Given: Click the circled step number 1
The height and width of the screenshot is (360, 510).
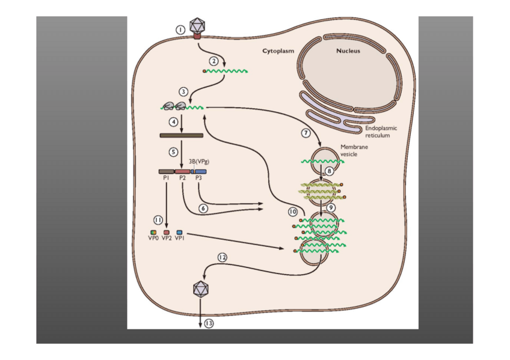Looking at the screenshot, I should pyautogui.click(x=179, y=29).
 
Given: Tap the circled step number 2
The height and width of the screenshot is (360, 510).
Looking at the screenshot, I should pyautogui.click(x=213, y=61).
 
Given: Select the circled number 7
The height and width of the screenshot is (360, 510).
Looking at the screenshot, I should pyautogui.click(x=305, y=132).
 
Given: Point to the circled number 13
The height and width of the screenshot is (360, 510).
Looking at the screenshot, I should pyautogui.click(x=209, y=323).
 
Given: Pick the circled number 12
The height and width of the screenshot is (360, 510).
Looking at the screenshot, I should pyautogui.click(x=223, y=257).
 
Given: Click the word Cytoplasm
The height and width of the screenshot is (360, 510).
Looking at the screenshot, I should pyautogui.click(x=278, y=51).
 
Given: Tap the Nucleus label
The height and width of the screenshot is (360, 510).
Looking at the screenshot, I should pyautogui.click(x=348, y=51).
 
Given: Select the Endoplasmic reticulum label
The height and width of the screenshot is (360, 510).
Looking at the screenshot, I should pyautogui.click(x=381, y=132).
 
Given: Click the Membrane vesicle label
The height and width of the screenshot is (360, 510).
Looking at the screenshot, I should pyautogui.click(x=354, y=150).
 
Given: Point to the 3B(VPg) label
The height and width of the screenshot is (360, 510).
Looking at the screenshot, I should pyautogui.click(x=199, y=161).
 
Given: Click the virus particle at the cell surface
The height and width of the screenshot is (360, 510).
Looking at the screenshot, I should pyautogui.click(x=197, y=26).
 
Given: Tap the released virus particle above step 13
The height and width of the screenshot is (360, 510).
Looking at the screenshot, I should pyautogui.click(x=200, y=289).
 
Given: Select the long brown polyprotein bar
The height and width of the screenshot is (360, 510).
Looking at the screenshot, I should pyautogui.click(x=181, y=135).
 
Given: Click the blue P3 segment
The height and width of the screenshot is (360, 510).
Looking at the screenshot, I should pyautogui.click(x=200, y=171).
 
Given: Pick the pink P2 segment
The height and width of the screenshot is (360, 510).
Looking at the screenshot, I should pyautogui.click(x=182, y=171).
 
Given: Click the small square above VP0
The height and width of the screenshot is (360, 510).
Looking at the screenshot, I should pyautogui.click(x=153, y=232).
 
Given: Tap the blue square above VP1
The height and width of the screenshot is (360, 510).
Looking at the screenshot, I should pyautogui.click(x=179, y=232).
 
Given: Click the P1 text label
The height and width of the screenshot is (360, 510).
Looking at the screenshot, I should pyautogui.click(x=165, y=178).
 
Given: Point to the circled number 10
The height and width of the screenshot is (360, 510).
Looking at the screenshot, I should pyautogui.click(x=293, y=212).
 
